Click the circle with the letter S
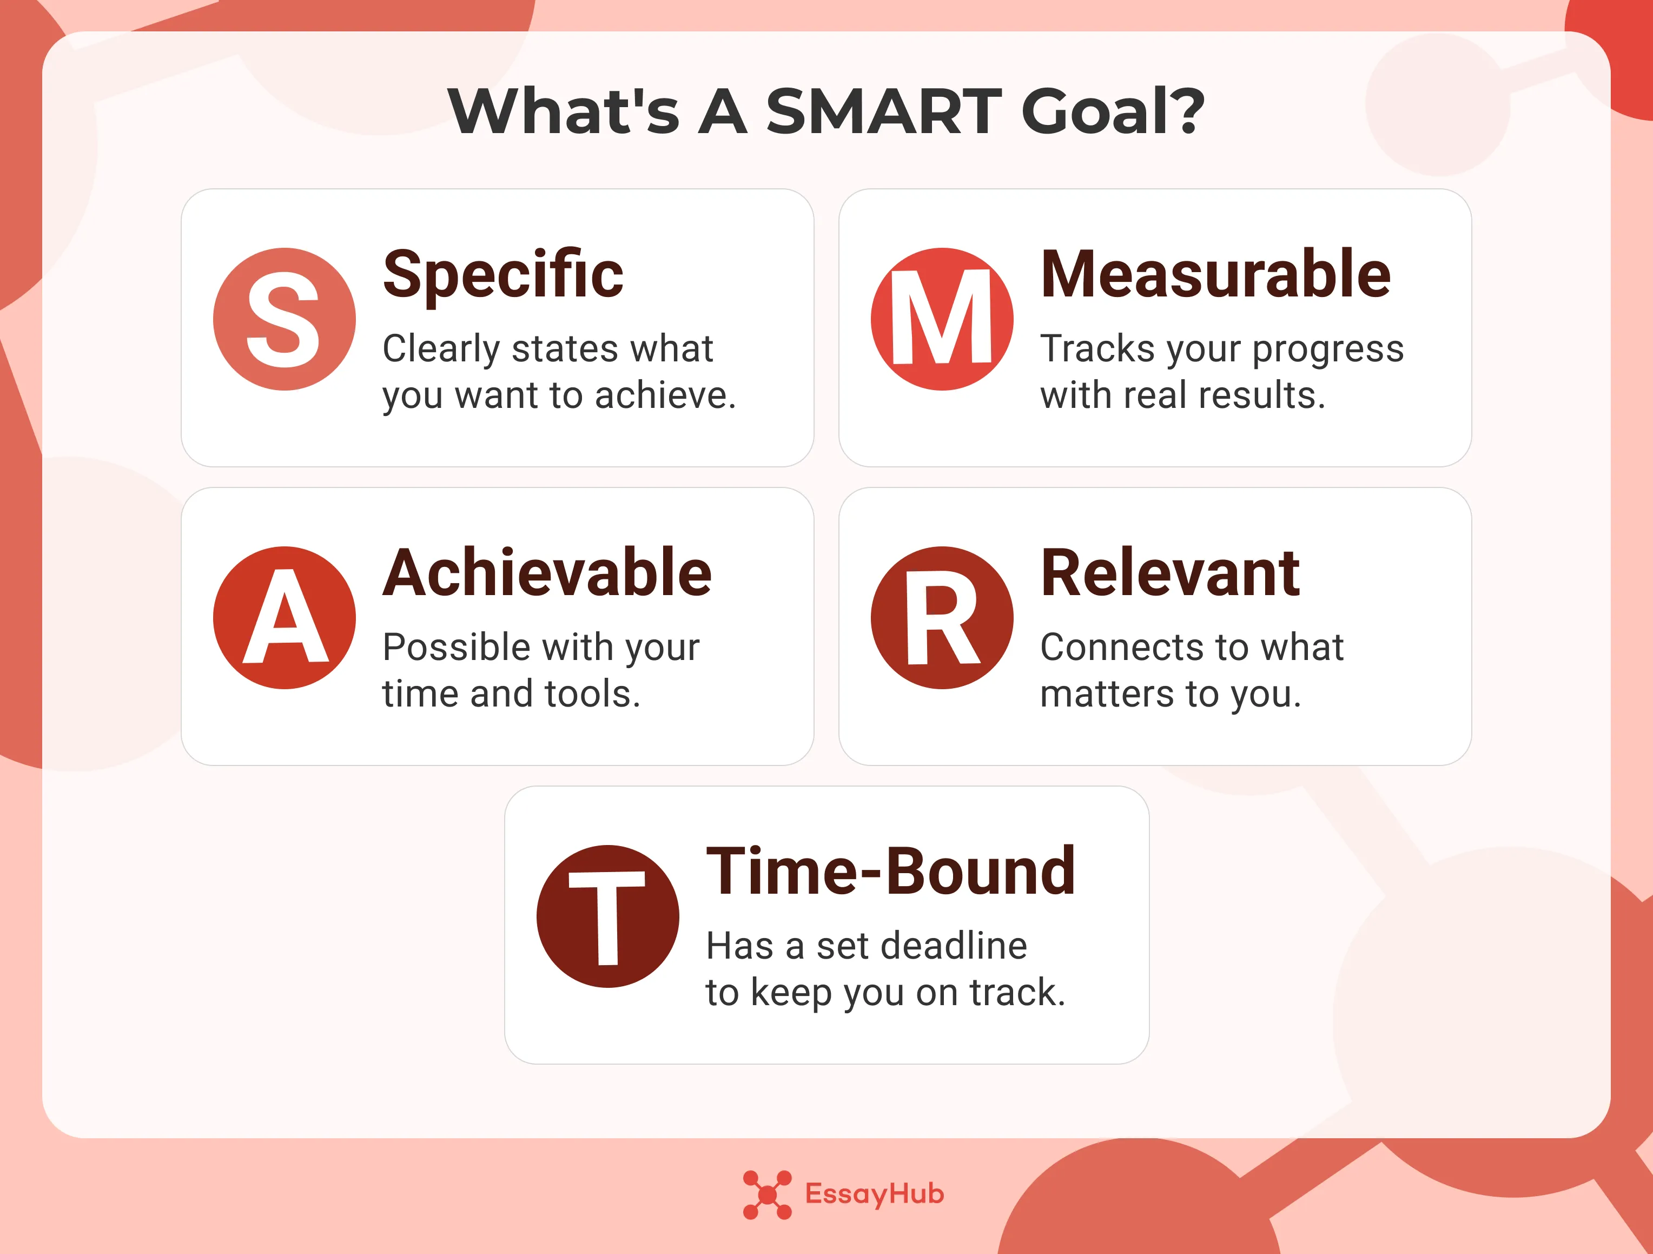click(x=284, y=319)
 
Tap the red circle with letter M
click(x=942, y=319)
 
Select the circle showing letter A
click(x=284, y=617)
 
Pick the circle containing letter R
click(x=942, y=617)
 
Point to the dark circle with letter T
click(x=607, y=916)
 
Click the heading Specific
click(x=503, y=275)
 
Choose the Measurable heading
click(x=1215, y=275)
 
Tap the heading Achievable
click(x=547, y=573)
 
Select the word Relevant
click(x=1171, y=573)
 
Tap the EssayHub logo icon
click(x=766, y=1194)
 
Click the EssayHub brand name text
click(x=874, y=1194)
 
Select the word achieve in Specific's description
click(x=665, y=395)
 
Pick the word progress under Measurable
click(x=1328, y=349)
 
